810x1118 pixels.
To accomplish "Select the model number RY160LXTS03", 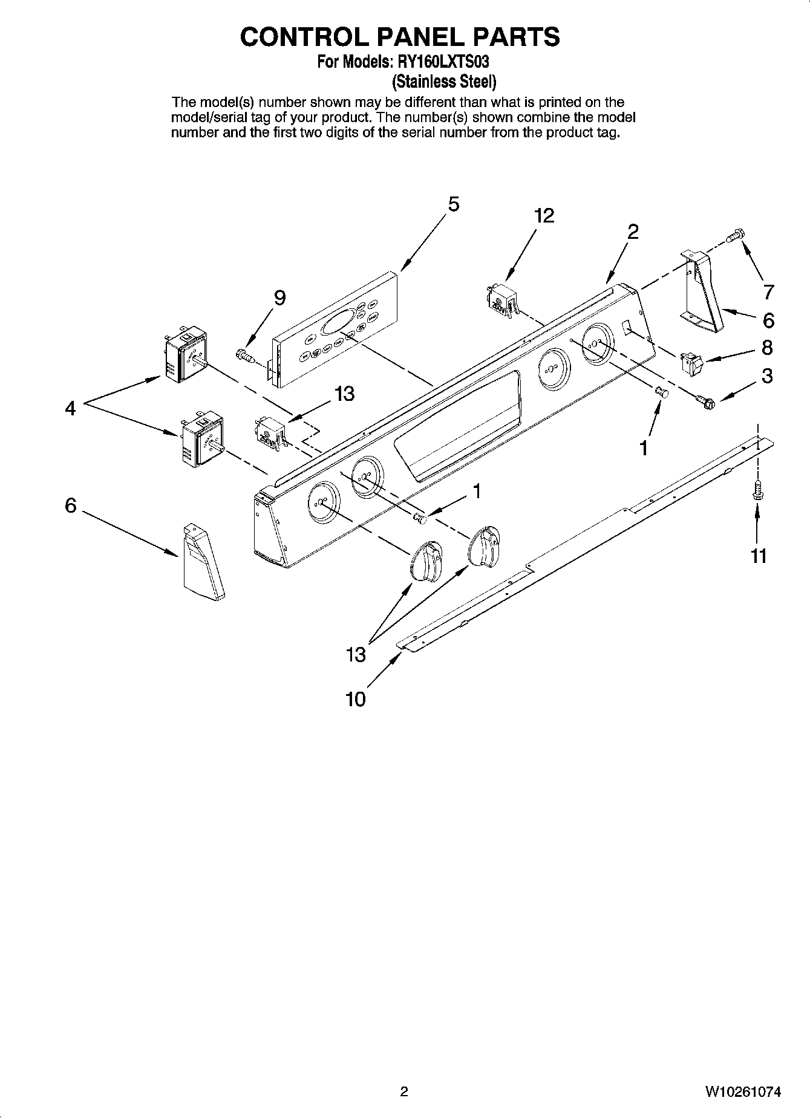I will pos(442,62).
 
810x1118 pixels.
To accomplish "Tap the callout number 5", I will pos(453,204).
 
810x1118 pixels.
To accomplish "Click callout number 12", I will pos(544,216).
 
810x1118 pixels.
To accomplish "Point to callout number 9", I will pos(279,297).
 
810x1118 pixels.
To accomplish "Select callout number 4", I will pos(71,409).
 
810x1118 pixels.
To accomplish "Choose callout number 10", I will pos(356,700).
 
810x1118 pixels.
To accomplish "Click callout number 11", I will pos(759,555).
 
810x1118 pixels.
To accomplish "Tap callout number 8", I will pos(767,348).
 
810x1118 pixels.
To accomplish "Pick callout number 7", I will pos(768,293).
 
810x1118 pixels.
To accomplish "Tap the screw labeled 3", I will pos(705,400).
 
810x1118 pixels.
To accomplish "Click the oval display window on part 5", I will pos(338,323).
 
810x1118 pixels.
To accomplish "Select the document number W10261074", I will pos(742,1091).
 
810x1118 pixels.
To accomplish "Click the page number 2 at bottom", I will pos(404,1091).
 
